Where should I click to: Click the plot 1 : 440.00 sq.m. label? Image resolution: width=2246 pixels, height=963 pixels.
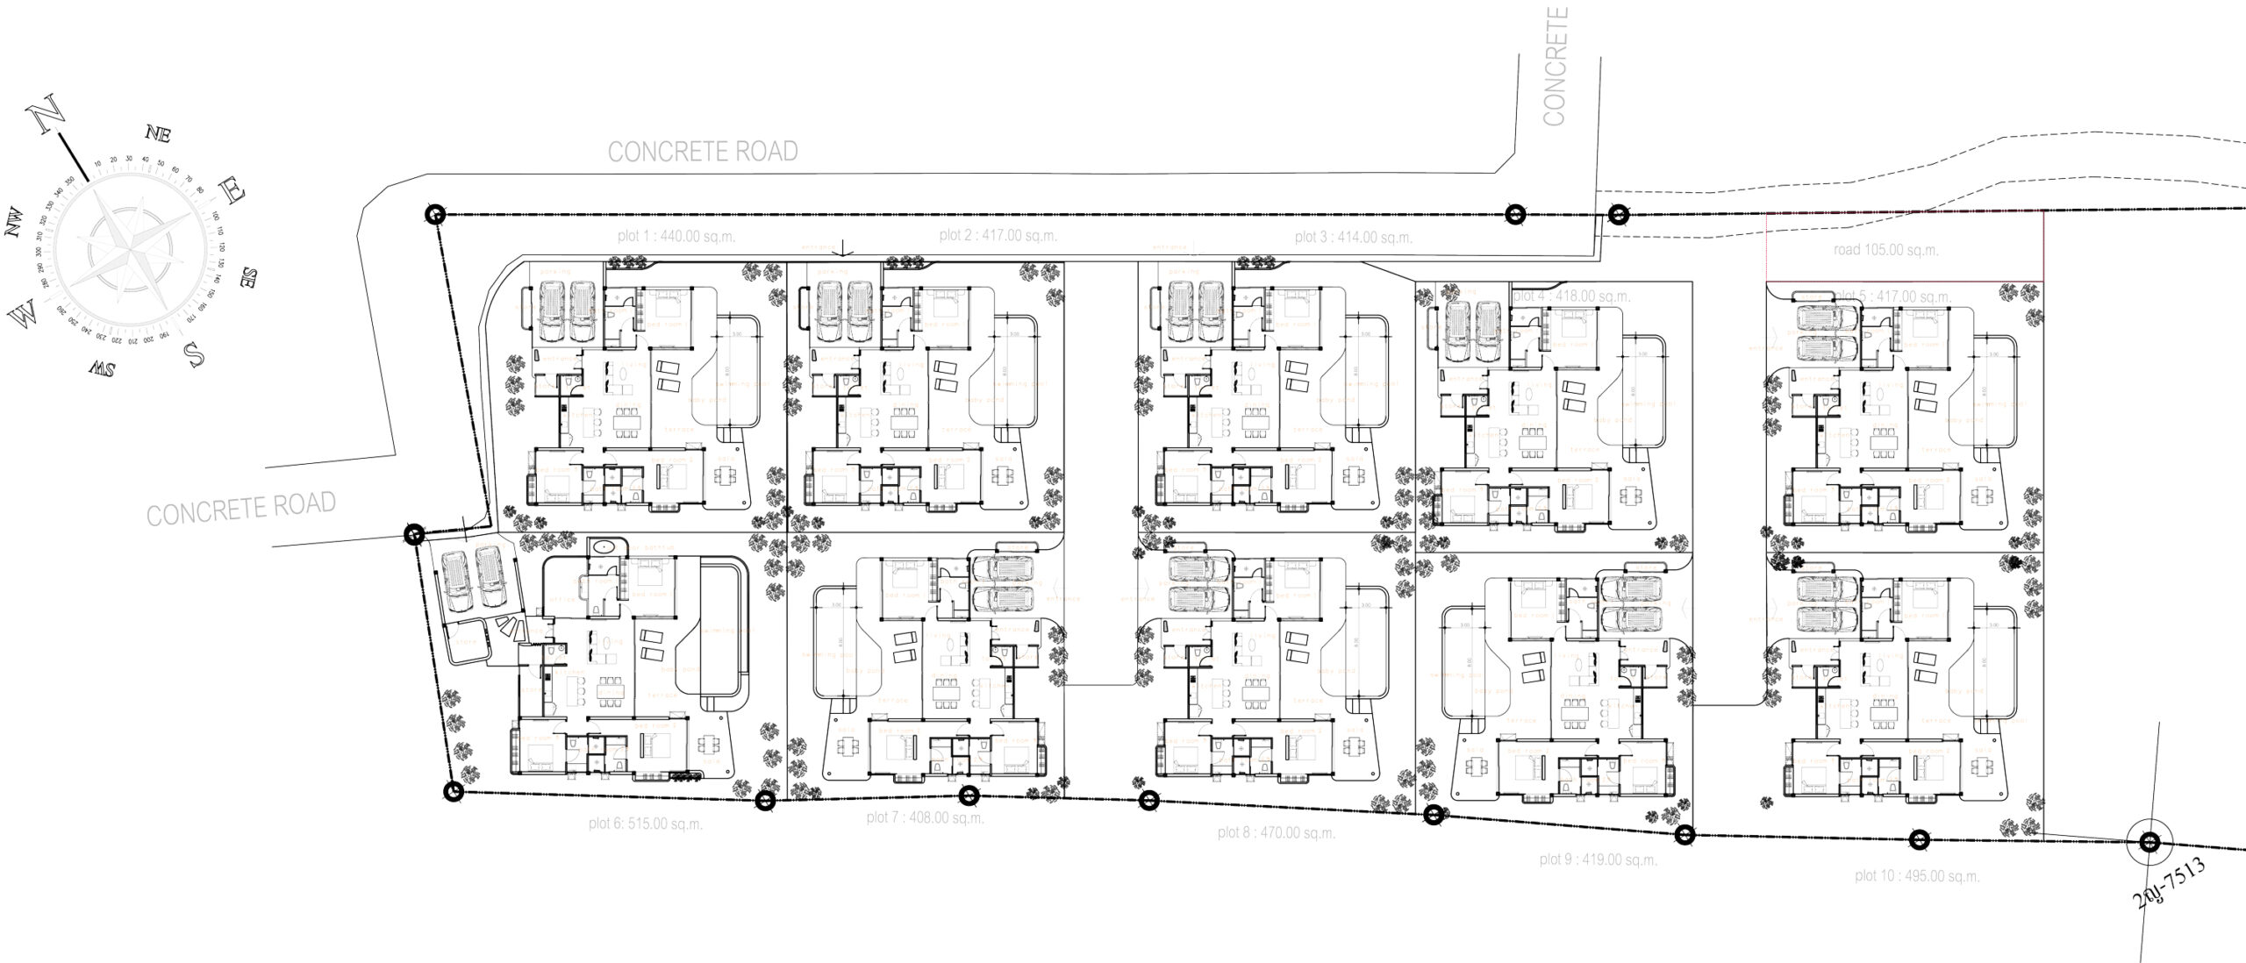coord(676,236)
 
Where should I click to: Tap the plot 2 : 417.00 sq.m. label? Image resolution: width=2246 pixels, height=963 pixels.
coord(998,235)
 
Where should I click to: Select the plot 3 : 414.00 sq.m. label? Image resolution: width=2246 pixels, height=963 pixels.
coord(1353,237)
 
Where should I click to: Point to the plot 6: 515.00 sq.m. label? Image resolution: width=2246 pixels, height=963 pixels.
coord(646,824)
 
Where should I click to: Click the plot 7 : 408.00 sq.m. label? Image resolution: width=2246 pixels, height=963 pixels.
coord(925,817)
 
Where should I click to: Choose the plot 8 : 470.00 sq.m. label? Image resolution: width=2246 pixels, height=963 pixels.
coord(1276,832)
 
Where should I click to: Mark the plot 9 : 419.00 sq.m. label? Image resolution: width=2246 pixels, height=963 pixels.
coord(1598,860)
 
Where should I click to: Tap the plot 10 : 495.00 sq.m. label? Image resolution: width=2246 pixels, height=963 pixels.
coord(1917,876)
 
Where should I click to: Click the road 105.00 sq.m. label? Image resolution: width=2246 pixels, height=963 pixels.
coord(1885,250)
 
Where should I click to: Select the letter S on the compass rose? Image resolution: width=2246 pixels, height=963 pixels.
coord(194,353)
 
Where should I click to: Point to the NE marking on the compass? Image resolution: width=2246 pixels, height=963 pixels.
coord(159,134)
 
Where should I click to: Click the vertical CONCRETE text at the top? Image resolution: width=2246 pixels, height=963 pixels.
coord(1555,67)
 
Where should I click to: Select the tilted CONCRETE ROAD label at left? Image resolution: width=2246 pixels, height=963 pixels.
coord(240,510)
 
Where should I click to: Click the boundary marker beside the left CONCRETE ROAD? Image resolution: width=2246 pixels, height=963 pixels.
coord(413,534)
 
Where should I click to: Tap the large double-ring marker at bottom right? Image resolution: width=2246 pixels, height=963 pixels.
coord(2148,842)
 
